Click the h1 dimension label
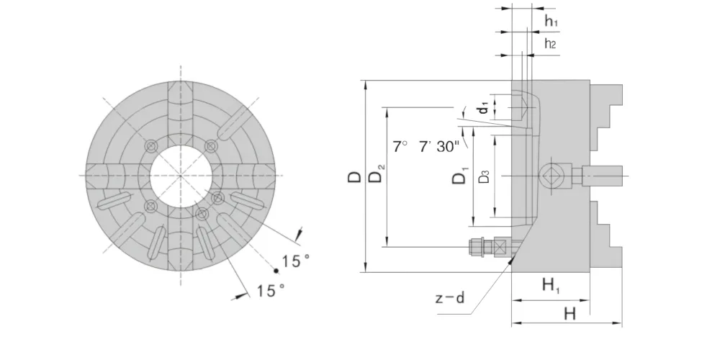coord(551,21)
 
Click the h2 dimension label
coord(550,44)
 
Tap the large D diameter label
coord(354,177)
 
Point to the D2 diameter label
coord(376,174)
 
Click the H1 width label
coord(551,286)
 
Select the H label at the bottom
coord(570,314)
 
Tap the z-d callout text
coord(450,298)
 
